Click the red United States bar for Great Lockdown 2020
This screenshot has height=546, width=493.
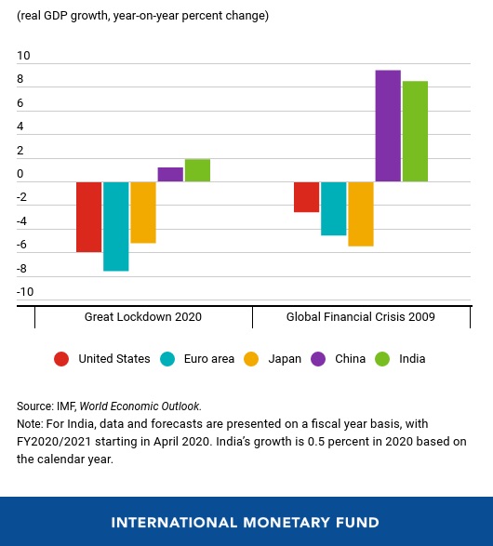pos(88,217)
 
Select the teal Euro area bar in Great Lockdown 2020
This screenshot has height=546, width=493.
pos(116,226)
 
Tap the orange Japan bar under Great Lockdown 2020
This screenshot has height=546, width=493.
pos(143,212)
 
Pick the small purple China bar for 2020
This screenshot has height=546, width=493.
pos(170,175)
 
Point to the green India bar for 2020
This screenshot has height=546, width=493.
pos(197,170)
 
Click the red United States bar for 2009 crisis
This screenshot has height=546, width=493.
pos(306,197)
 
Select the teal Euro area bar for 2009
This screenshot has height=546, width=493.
pos(334,208)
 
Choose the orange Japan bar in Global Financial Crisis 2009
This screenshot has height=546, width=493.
pos(361,214)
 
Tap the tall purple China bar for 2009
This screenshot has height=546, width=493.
pos(388,126)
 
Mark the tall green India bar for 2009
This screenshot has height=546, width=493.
pos(415,131)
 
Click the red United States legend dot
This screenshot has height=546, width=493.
pos(61,359)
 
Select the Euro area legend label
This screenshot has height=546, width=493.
pos(209,359)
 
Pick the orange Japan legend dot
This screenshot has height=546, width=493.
pos(251,359)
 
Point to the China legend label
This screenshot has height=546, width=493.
pos(351,359)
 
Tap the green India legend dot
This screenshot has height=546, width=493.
pos(382,359)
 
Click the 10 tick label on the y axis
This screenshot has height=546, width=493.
pos(23,56)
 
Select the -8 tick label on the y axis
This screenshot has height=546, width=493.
pos(21,269)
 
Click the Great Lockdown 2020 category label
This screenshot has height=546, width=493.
pos(143,317)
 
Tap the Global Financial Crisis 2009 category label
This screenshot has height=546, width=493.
pos(361,317)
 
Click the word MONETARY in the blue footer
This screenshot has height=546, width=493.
pos(286,523)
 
